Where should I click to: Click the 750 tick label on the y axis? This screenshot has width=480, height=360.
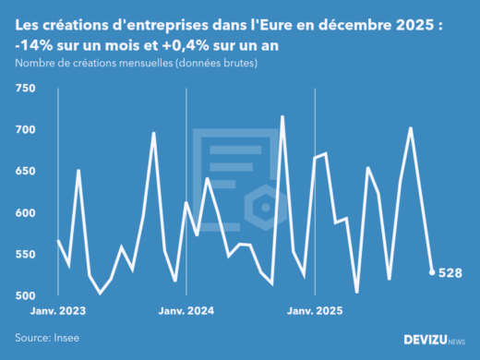click(x=24, y=89)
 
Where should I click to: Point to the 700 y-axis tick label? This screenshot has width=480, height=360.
click(x=24, y=130)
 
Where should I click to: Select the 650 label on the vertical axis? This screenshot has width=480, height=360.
click(x=24, y=172)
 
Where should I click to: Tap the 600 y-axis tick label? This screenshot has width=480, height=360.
click(x=24, y=213)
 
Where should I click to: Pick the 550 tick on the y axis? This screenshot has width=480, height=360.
click(x=24, y=255)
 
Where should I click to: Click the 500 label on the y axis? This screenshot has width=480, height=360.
click(x=24, y=296)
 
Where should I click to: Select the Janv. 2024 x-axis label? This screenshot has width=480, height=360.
click(x=187, y=311)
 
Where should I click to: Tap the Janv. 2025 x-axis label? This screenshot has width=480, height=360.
click(x=316, y=311)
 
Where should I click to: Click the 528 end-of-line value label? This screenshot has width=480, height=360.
click(x=450, y=273)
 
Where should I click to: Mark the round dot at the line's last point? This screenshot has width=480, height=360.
click(x=432, y=272)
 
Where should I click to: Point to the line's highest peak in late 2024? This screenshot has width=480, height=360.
click(x=282, y=117)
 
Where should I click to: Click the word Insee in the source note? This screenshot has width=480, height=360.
click(x=67, y=338)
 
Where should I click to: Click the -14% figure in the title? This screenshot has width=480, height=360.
click(x=36, y=44)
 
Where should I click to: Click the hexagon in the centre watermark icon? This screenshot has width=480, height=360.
click(x=262, y=202)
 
